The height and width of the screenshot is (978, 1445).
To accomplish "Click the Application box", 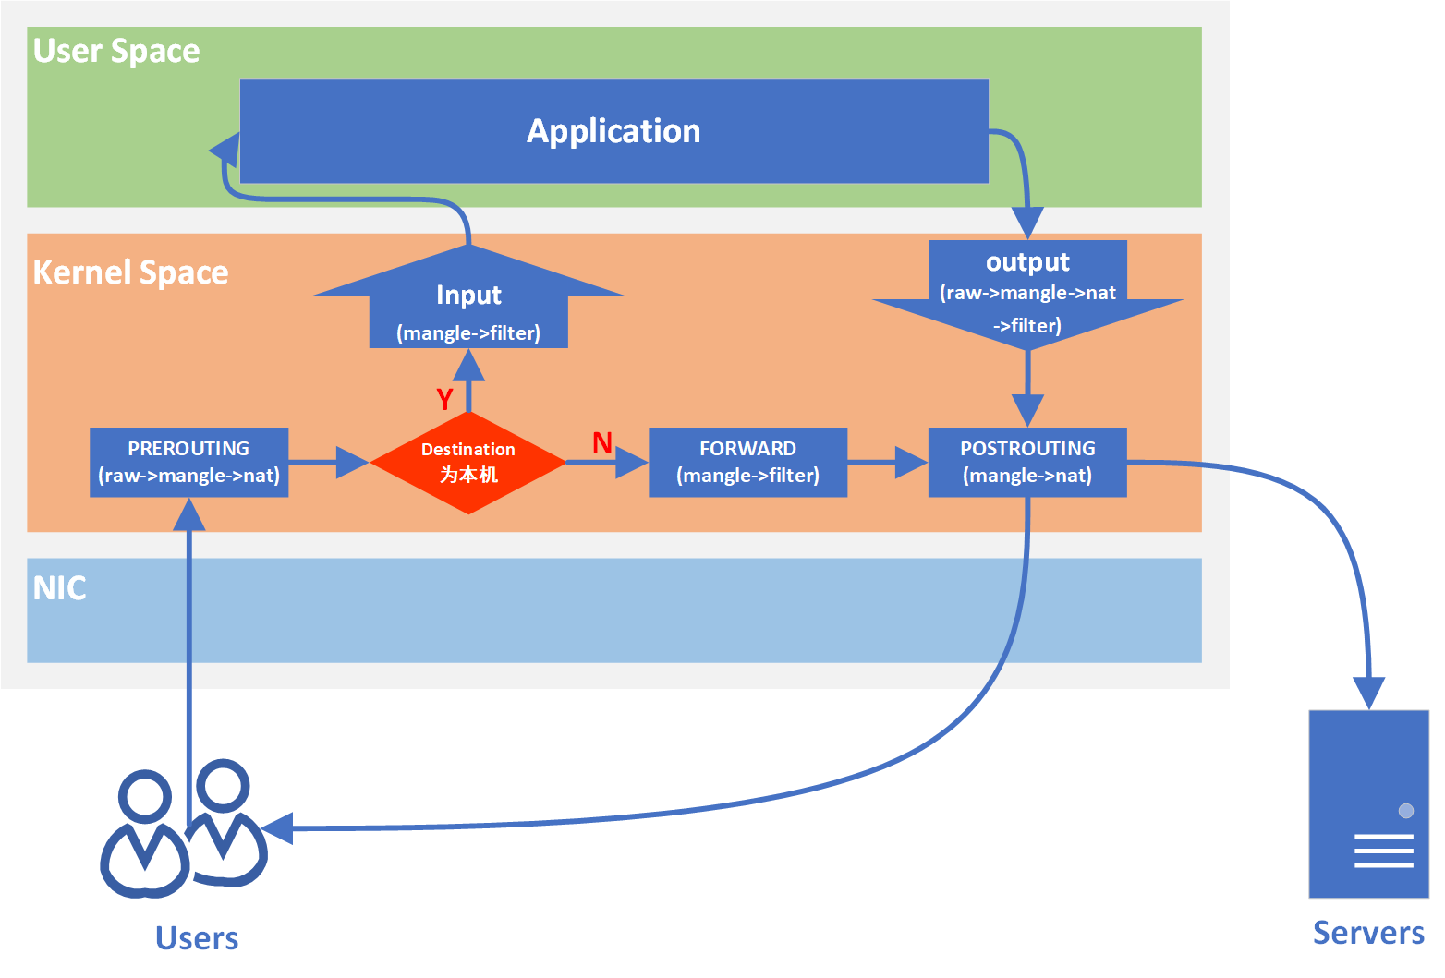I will pyautogui.click(x=613, y=131).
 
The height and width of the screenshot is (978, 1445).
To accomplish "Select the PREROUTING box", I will pyautogui.click(x=188, y=462).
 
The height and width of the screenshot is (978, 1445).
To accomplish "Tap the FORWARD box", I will pyautogui.click(x=747, y=462).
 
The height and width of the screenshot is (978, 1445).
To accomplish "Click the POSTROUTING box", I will pyautogui.click(x=1026, y=462).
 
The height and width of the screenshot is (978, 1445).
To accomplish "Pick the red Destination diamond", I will pyautogui.click(x=468, y=463).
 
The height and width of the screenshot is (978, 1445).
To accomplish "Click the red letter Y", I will pyautogui.click(x=444, y=399).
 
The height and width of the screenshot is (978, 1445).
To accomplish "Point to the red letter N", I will pyautogui.click(x=602, y=443).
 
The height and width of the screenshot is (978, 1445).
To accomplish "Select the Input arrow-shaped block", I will pyautogui.click(x=468, y=305).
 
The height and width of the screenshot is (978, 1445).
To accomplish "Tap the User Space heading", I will pyautogui.click(x=116, y=51).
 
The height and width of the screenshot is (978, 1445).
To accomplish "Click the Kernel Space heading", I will pyautogui.click(x=130, y=272).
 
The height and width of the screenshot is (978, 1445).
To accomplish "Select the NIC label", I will pyautogui.click(x=59, y=588).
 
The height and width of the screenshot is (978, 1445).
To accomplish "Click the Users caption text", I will pyautogui.click(x=197, y=938).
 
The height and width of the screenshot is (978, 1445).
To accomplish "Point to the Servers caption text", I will pyautogui.click(x=1368, y=933).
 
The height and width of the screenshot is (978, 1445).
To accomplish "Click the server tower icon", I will pyautogui.click(x=1368, y=803).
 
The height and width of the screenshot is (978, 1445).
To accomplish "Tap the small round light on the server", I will pyautogui.click(x=1406, y=811).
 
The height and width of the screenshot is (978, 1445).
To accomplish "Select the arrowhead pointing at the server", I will pyautogui.click(x=1368, y=692).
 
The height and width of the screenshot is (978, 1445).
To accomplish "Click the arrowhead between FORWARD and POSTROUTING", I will pyautogui.click(x=911, y=462).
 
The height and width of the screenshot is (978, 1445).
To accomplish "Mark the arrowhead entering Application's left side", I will pyautogui.click(x=225, y=148).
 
